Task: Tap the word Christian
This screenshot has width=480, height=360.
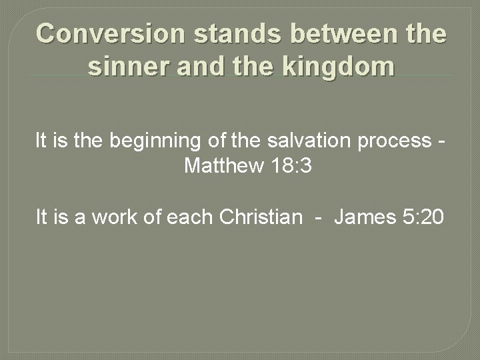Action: pos(259,217)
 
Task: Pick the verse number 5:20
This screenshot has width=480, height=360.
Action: pos(423,217)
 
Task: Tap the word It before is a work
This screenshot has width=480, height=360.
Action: pos(41,217)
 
